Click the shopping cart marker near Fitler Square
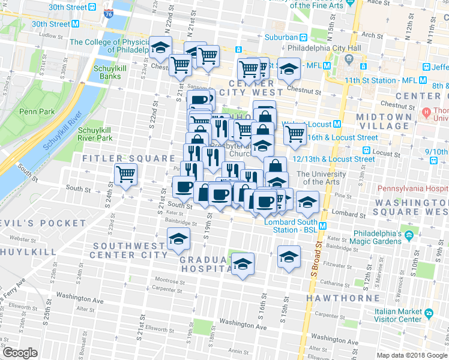[x=126, y=175]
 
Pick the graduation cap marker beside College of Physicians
[x=160, y=47]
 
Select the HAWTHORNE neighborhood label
[x=343, y=298]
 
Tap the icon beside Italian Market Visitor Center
[x=429, y=313]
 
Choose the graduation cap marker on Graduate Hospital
[x=242, y=264]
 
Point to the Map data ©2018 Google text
[x=411, y=355]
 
